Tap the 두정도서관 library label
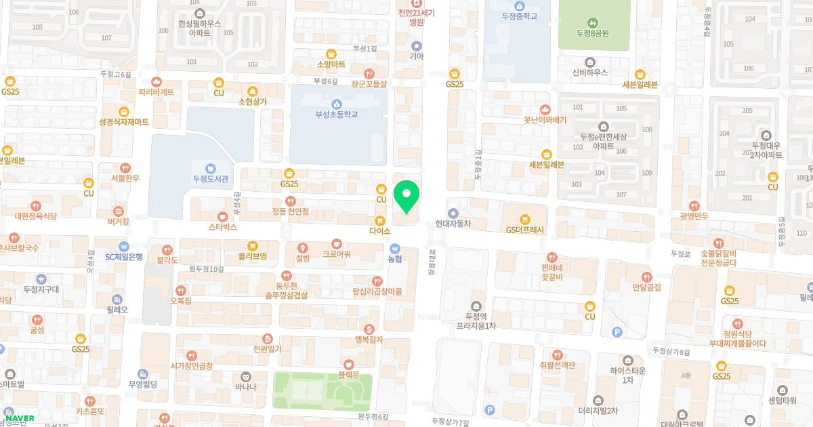pos(211,180)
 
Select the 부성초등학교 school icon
pos(336,102)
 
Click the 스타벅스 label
pos(223,227)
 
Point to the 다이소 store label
pos(381,231)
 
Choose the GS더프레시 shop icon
pos(524,219)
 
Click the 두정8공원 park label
pos(593,33)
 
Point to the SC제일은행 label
pos(124,257)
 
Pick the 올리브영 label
pos(253,256)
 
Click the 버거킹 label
pos(119,222)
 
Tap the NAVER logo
pos(20,418)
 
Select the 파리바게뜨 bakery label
pos(157,91)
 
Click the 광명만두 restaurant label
pos(694,216)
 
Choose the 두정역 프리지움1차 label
pos(476,321)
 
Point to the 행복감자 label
pos(369,340)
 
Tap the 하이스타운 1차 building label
pos(627,375)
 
